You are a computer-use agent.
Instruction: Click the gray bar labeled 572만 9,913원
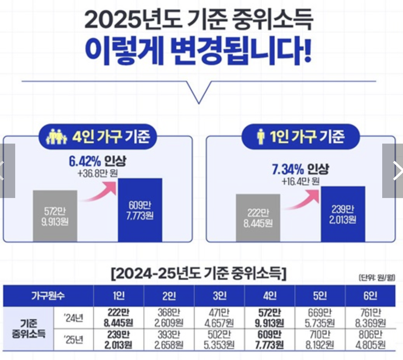55,216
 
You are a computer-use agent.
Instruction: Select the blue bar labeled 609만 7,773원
140,210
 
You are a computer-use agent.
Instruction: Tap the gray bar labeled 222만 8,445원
258,218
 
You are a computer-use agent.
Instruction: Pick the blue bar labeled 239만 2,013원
343,214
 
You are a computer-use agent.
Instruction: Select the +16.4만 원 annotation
300,181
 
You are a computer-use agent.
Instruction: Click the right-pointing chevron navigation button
395,171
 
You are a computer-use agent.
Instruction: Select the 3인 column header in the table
219,296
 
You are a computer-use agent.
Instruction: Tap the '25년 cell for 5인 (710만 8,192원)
320,340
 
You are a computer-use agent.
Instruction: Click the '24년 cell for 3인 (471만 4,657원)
219,318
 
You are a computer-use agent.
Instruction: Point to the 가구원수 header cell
48,296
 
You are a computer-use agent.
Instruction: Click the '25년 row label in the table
74,340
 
